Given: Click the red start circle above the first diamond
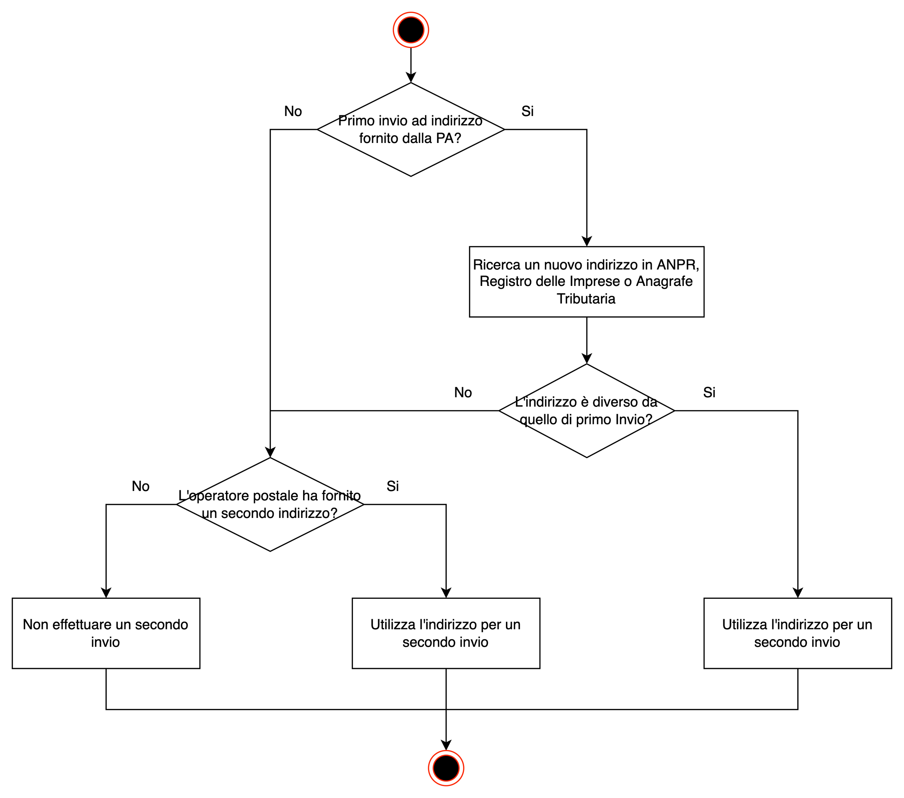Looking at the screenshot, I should [x=411, y=30].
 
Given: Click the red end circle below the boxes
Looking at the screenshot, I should [x=446, y=768].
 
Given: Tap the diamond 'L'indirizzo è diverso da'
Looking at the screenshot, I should [x=586, y=438].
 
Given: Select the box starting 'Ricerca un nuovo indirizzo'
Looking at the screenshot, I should [x=586, y=281].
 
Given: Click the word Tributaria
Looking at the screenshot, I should [x=586, y=299].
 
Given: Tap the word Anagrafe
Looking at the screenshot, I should [x=664, y=281].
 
